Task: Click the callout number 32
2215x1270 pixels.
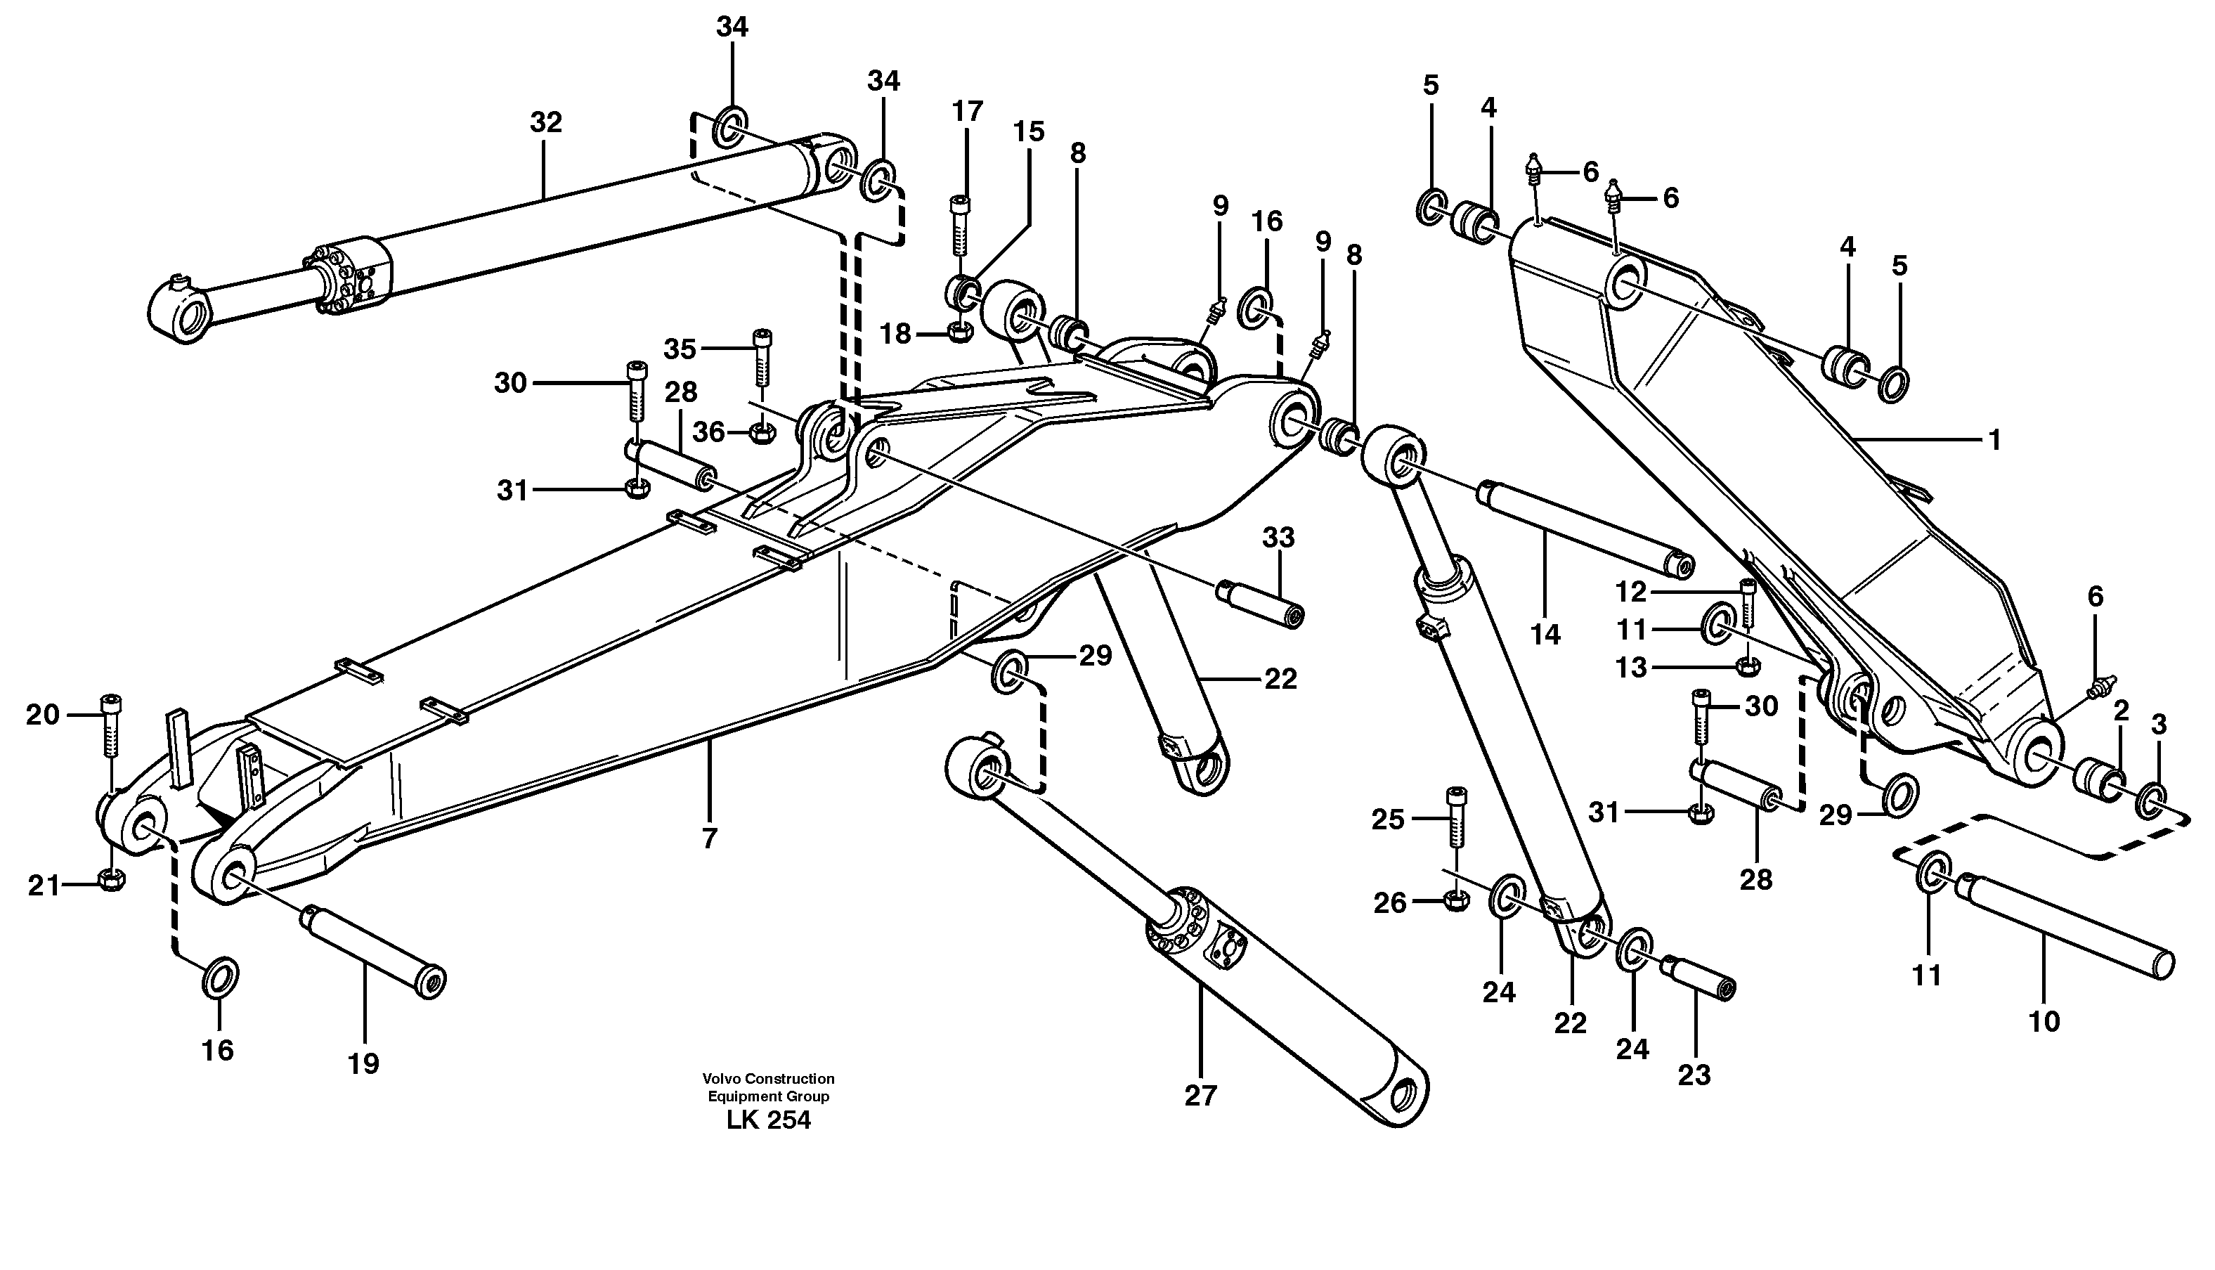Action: click(546, 123)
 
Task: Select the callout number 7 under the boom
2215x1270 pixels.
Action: click(709, 838)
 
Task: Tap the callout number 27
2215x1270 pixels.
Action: click(1200, 1096)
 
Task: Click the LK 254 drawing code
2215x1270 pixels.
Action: click(768, 1121)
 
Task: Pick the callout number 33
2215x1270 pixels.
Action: click(1278, 538)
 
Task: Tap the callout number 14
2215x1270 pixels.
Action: click(1545, 635)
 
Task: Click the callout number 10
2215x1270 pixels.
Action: click(2044, 1021)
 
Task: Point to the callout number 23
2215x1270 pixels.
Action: click(1694, 1075)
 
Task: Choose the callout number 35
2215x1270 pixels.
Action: click(680, 349)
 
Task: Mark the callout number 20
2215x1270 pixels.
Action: click(42, 715)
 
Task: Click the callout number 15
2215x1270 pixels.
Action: click(1028, 131)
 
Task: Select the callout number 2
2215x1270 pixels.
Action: click(2121, 711)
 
